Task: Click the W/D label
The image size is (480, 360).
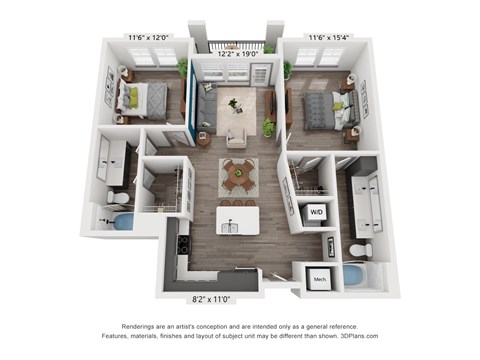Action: [x=316, y=212]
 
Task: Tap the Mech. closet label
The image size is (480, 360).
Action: [x=320, y=278]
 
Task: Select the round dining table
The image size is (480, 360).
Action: [x=238, y=173]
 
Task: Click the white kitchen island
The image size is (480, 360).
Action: [x=238, y=219]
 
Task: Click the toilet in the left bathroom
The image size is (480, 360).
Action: [x=121, y=197]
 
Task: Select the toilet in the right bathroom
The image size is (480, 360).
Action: [x=363, y=249]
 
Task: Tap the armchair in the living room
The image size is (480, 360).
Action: [x=237, y=137]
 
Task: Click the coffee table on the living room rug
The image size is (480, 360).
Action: [x=236, y=104]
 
